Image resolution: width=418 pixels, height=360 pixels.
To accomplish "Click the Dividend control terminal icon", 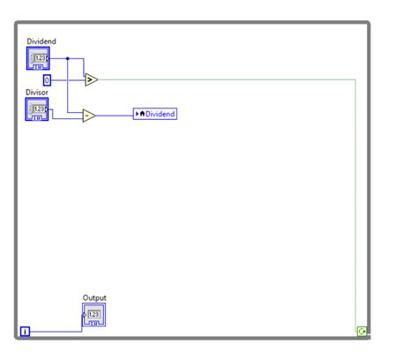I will [38, 59].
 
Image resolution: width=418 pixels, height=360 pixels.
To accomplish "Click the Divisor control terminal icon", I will [38, 109].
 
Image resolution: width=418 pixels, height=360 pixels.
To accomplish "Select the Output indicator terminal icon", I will [94, 315].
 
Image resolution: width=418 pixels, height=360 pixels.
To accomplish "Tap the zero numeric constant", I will [48, 80].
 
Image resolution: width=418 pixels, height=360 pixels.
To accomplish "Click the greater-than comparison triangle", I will [91, 80].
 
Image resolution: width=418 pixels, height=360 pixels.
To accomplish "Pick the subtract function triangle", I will [89, 115].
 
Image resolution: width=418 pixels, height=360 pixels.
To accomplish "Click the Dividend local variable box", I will [155, 114].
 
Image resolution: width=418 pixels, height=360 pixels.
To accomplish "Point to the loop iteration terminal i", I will [25, 332].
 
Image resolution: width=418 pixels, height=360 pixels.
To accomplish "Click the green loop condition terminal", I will [361, 332].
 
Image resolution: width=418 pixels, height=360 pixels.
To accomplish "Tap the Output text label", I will [94, 298].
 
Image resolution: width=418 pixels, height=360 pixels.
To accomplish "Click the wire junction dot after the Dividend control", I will [68, 59].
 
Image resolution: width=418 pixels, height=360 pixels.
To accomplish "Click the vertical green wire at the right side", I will [356, 203].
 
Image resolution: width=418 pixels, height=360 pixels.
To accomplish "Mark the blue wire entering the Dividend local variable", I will [115, 115].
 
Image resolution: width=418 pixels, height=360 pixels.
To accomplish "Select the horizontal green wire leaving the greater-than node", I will [220, 79].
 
